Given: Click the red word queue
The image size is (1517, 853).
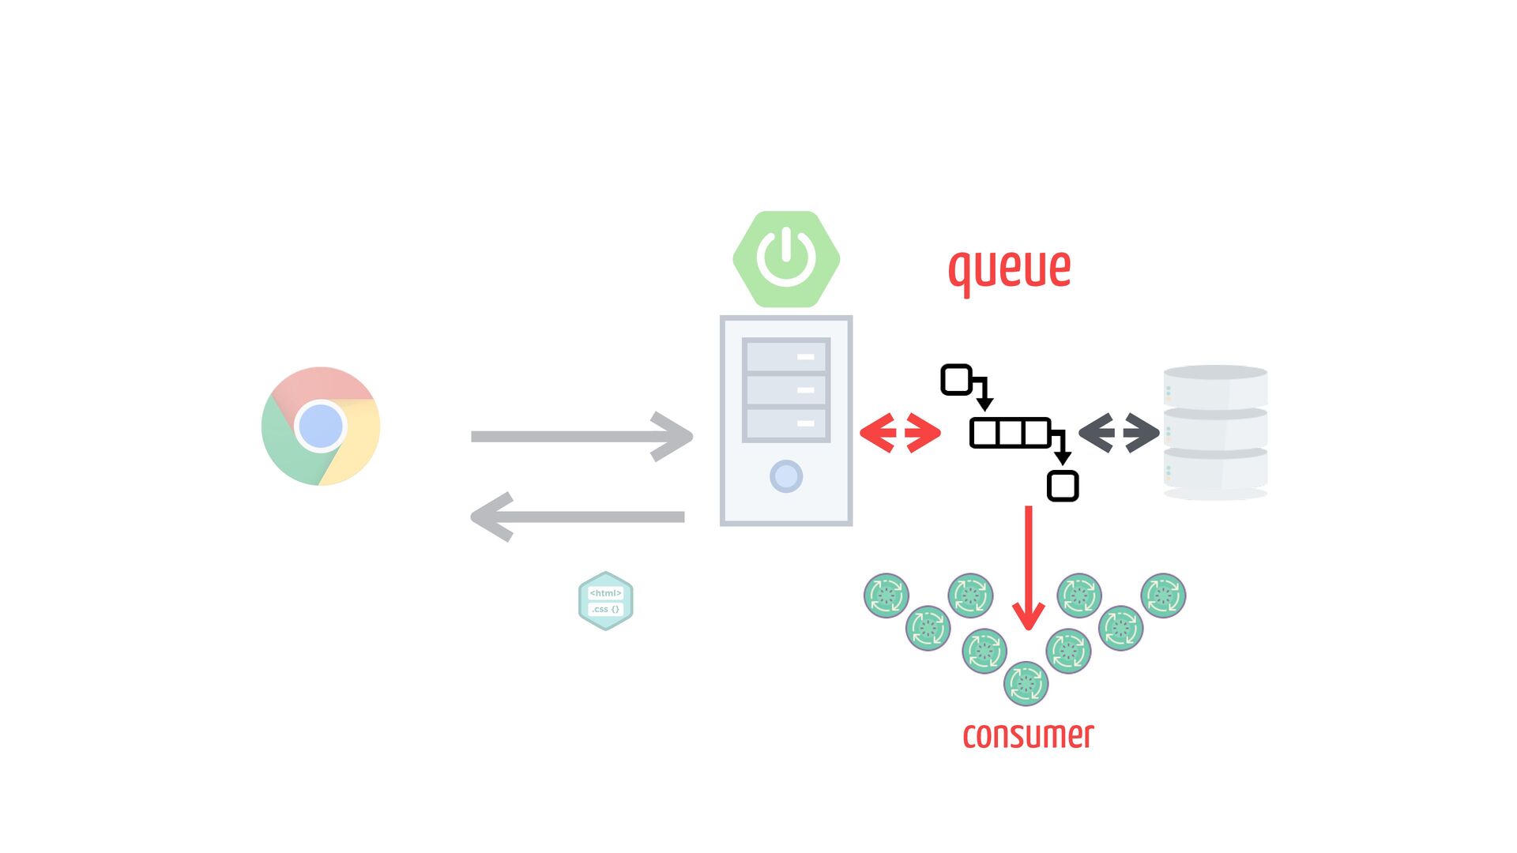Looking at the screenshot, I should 1009,269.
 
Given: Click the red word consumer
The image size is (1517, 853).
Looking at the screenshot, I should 1028,735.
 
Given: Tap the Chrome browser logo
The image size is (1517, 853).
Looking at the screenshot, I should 321,426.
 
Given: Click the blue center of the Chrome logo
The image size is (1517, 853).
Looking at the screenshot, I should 321,426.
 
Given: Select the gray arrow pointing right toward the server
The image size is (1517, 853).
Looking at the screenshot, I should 582,436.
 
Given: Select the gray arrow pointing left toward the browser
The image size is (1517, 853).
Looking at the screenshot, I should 578,517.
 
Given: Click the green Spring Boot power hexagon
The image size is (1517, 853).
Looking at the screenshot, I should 786,259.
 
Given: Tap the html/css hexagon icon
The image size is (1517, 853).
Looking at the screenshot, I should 606,601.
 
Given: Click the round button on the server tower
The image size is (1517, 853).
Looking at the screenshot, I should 786,476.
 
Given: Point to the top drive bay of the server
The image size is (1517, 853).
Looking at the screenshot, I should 786,356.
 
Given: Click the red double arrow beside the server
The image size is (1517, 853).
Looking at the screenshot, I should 900,433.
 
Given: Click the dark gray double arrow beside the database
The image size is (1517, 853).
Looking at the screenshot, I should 1119,433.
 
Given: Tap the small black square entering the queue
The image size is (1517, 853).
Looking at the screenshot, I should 956,380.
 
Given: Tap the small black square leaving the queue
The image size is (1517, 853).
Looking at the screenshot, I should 1063,486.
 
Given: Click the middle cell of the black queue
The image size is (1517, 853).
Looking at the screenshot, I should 1011,433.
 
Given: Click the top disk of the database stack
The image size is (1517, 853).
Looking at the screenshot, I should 1215,387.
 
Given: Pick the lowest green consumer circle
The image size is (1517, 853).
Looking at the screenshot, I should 1026,683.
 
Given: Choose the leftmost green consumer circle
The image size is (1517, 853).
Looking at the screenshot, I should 886,596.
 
